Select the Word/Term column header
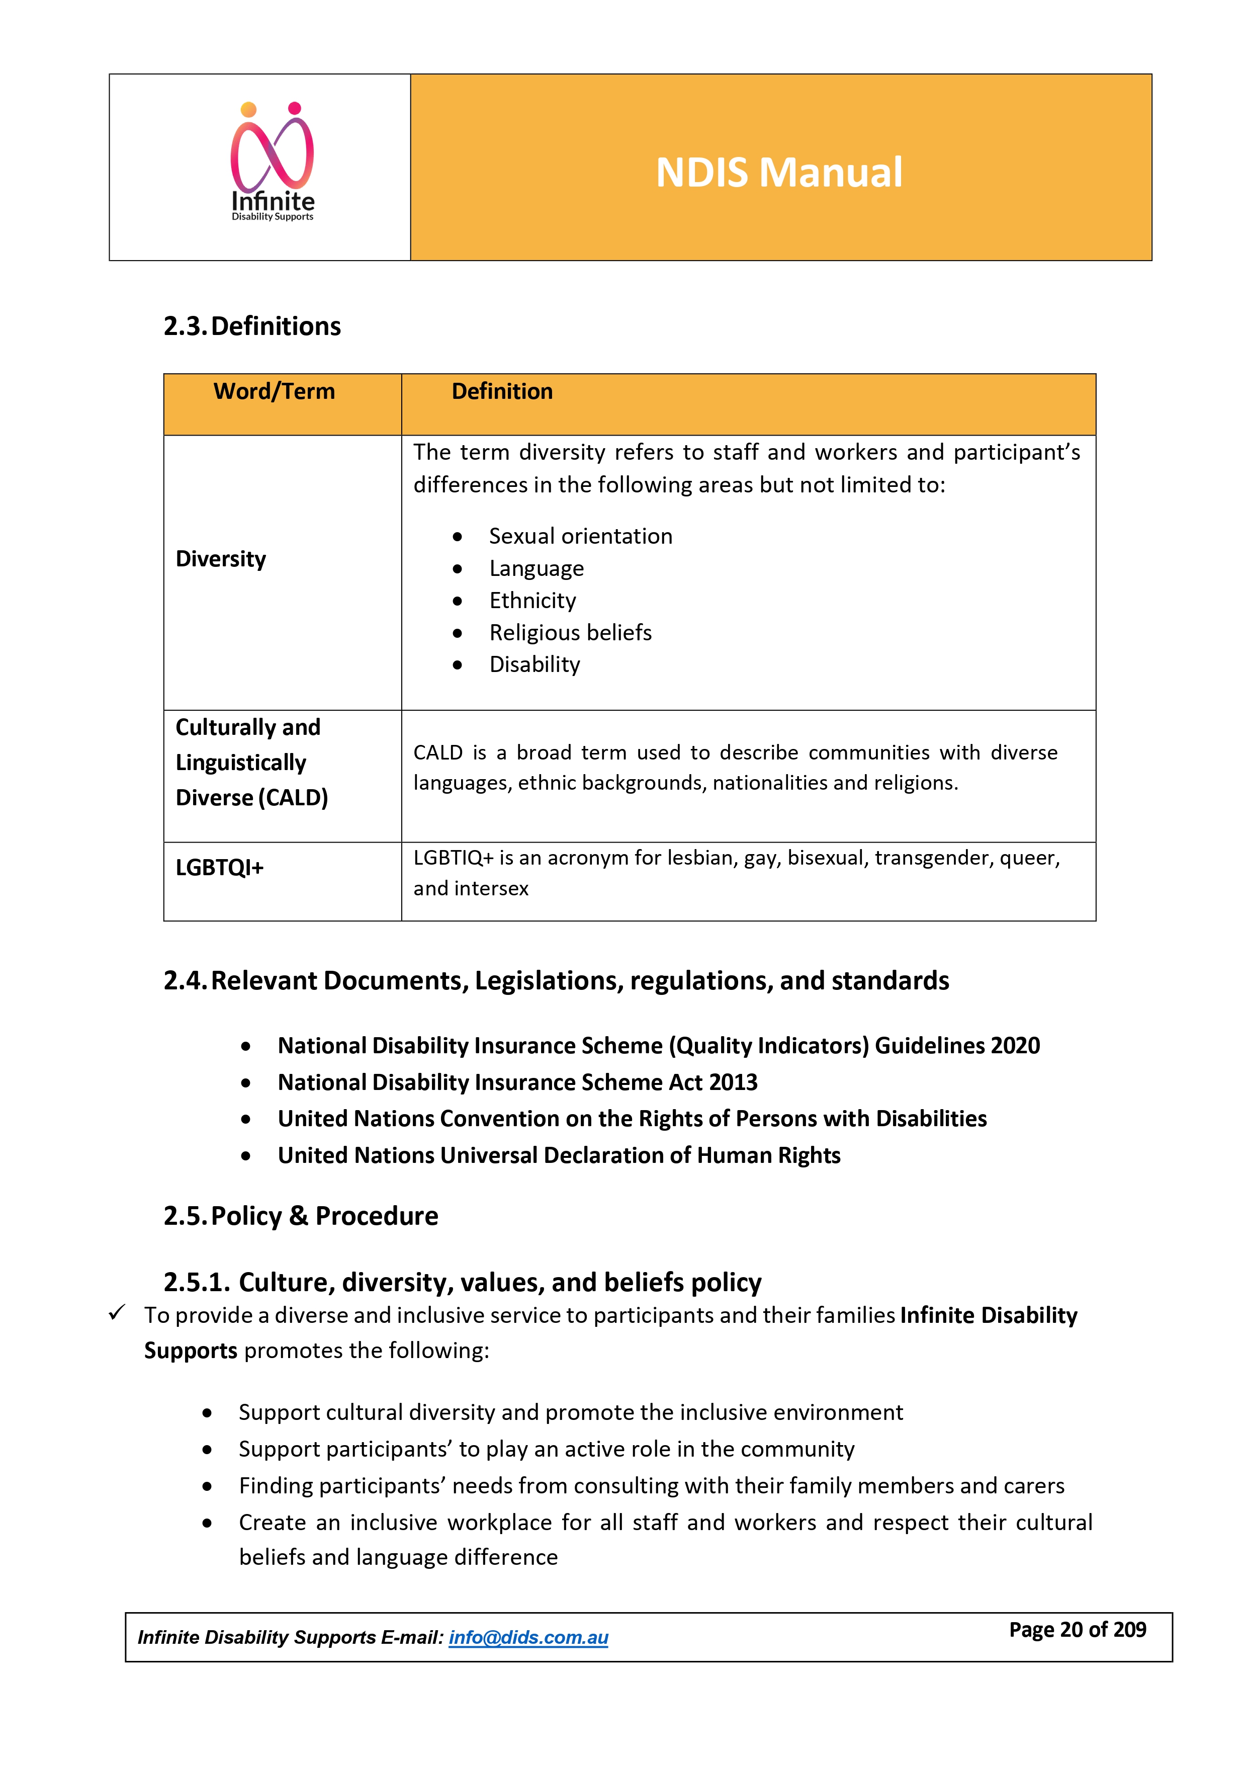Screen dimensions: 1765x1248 [x=275, y=391]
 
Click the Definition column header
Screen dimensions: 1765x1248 [x=502, y=391]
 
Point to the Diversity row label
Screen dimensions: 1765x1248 [x=221, y=559]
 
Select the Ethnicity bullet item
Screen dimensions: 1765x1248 [x=532, y=601]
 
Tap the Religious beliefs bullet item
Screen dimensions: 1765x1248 [x=570, y=633]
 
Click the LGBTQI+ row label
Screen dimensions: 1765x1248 [x=220, y=868]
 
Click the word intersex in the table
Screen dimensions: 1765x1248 [x=491, y=889]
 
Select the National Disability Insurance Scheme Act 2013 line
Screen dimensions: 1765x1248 [x=517, y=1082]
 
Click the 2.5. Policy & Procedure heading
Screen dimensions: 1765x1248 [x=301, y=1216]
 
